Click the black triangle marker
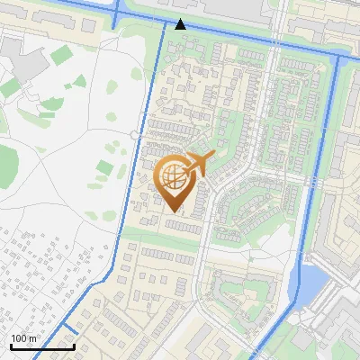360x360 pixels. [x=181, y=24]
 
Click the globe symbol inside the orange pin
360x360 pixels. [x=173, y=176]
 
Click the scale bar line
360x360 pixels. [x=41, y=346]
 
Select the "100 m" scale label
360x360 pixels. [x=23, y=338]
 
